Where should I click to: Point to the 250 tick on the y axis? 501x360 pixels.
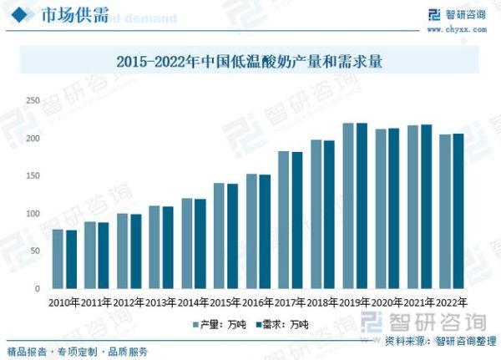pyautogui.click(x=33, y=100)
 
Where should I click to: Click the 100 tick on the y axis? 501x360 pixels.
pyautogui.click(x=33, y=214)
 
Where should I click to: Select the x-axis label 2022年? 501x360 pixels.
pyautogui.click(x=452, y=302)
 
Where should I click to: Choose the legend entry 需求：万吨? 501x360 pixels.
pyautogui.click(x=282, y=324)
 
